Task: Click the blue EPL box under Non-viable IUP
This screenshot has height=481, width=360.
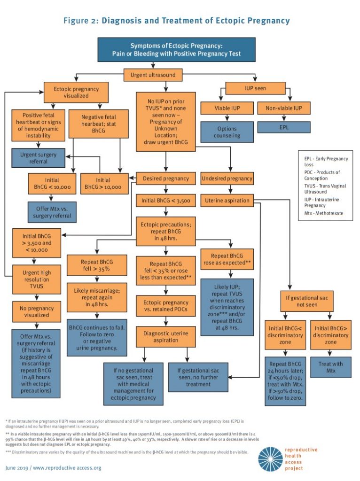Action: click(x=284, y=127)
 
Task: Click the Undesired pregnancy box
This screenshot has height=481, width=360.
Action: click(x=227, y=178)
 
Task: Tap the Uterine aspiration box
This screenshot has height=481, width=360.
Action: click(x=227, y=201)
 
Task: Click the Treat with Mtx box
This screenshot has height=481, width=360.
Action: click(x=331, y=367)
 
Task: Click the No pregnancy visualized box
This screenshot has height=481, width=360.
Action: click(x=37, y=311)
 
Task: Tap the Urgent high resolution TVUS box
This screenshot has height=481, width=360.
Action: click(x=37, y=276)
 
